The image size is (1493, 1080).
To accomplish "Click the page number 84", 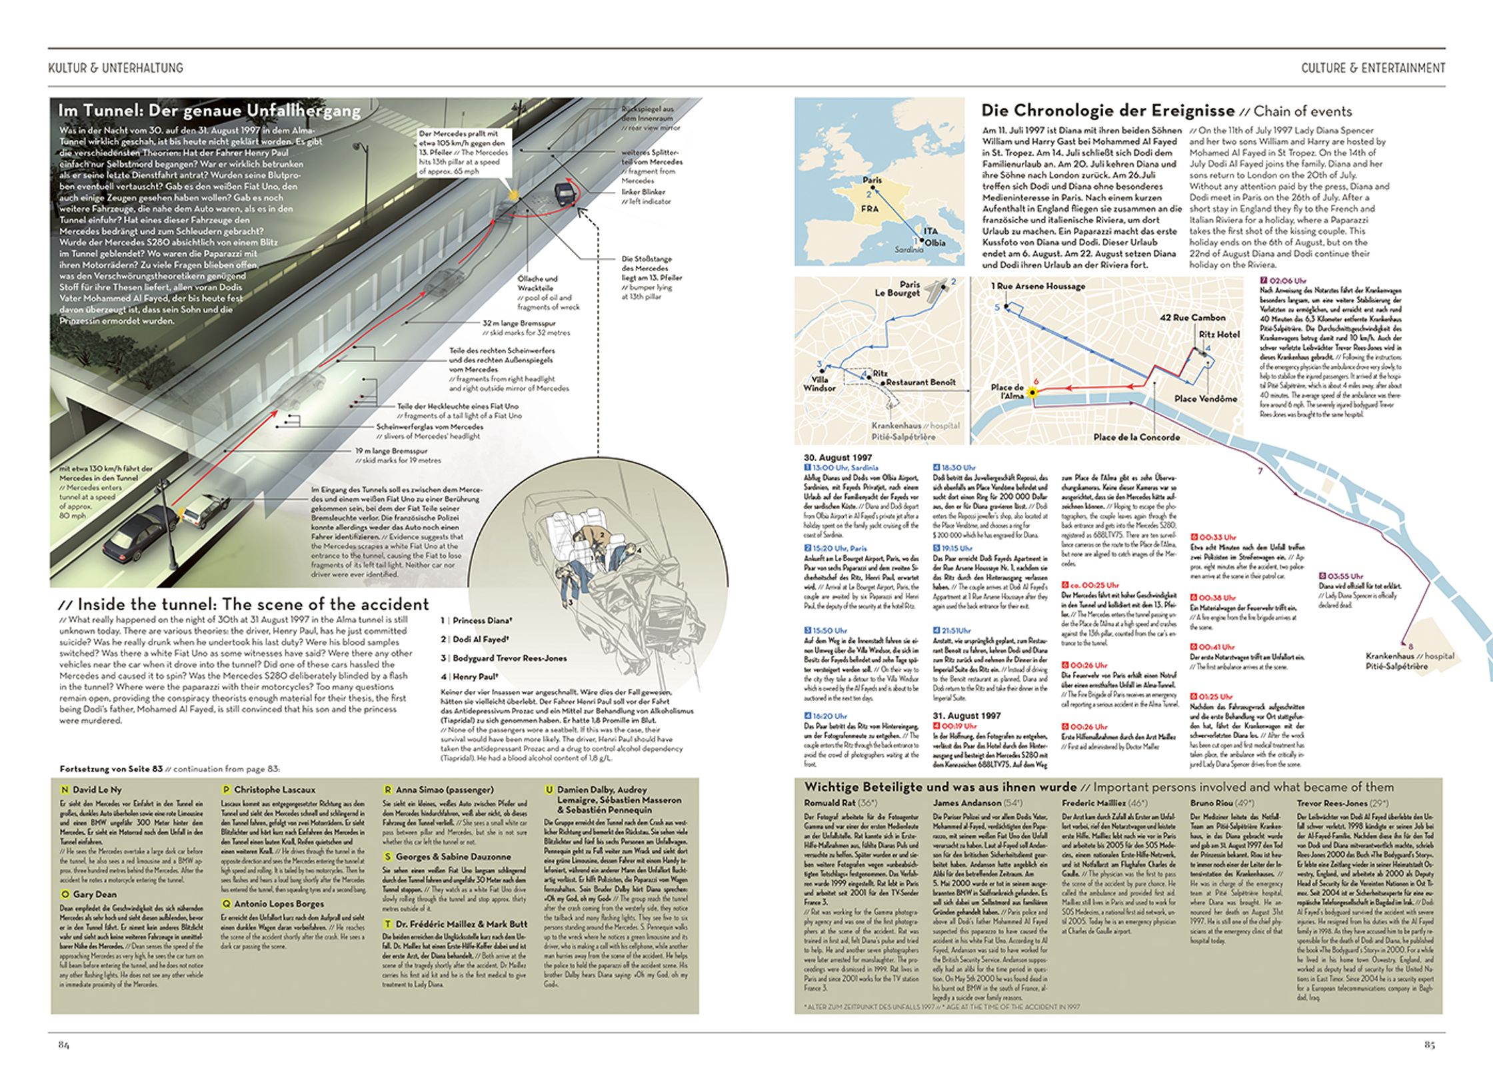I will [x=64, y=1045].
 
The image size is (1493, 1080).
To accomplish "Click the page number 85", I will [x=1429, y=1045].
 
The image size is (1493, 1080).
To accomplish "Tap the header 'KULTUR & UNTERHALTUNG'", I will [x=115, y=68].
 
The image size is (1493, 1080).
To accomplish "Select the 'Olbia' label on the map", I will [x=934, y=243].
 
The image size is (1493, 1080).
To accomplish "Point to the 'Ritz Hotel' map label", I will [x=1219, y=334].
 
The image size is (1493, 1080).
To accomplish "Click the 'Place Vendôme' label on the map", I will [x=1205, y=398].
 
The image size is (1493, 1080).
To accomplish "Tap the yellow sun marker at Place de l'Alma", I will [x=1032, y=393].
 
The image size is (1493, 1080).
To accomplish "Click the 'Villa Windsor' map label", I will [x=819, y=384].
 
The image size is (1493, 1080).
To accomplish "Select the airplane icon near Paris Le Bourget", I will [x=937, y=289].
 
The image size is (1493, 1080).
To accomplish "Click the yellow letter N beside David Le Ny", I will [x=65, y=790].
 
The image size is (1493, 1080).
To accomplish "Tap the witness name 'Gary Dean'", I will [x=95, y=894].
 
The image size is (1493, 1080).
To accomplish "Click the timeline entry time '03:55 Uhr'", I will [x=1345, y=576].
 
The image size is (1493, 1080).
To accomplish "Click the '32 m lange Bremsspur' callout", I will [x=519, y=322].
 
